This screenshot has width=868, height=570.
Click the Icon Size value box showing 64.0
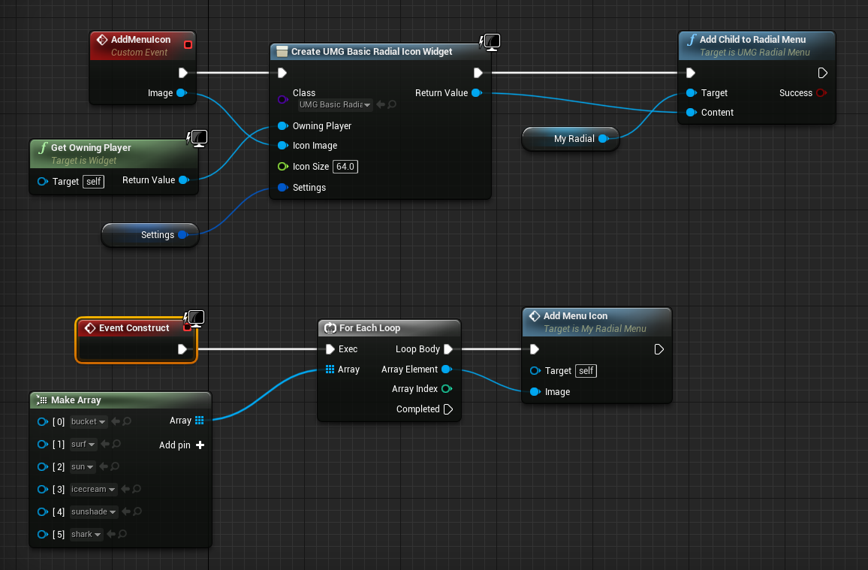(345, 167)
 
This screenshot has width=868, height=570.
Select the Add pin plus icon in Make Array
(200, 445)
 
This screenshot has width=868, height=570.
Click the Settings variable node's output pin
(182, 235)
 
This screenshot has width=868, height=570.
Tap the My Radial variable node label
(574, 139)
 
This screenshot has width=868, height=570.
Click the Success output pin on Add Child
(821, 93)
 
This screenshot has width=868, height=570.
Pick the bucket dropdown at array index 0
(89, 422)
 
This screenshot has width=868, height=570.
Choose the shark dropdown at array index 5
(86, 535)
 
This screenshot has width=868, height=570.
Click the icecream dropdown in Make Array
(93, 490)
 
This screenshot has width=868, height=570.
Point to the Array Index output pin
(447, 389)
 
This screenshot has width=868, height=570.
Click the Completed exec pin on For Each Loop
(448, 409)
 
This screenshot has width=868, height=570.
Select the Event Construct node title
(134, 328)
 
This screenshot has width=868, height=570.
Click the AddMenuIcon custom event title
(140, 40)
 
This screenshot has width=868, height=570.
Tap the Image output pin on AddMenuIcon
(181, 93)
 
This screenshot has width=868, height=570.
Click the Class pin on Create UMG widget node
(282, 99)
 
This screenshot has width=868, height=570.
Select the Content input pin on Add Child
(691, 113)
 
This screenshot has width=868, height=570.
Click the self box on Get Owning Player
(93, 181)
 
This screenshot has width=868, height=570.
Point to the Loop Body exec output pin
(448, 349)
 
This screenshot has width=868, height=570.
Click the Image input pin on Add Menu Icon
(535, 392)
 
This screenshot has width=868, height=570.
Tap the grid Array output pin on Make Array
(199, 421)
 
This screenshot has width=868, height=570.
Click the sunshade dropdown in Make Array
(94, 512)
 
